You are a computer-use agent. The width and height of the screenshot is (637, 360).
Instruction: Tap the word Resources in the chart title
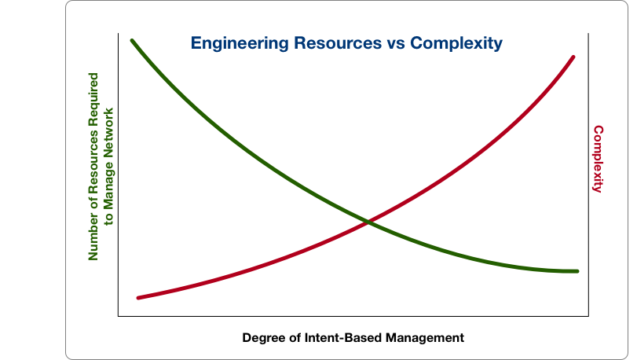[x=329, y=43]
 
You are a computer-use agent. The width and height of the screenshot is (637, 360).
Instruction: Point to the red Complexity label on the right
[x=598, y=159]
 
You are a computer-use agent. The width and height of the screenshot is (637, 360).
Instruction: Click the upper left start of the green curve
[x=132, y=40]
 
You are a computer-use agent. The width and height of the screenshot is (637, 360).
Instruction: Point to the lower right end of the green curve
[x=577, y=271]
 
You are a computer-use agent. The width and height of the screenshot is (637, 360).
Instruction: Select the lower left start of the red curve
[x=138, y=298]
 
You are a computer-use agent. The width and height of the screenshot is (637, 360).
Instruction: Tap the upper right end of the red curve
[x=573, y=57]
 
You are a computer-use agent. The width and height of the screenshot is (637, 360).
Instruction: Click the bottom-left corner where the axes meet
[x=118, y=316]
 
